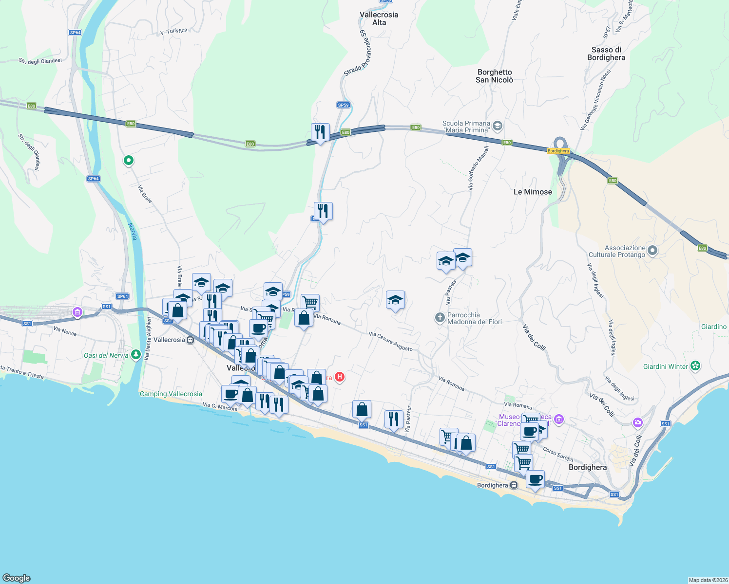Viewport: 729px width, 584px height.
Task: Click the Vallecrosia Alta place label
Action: point(379,18)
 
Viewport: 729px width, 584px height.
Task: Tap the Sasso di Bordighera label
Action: point(606,54)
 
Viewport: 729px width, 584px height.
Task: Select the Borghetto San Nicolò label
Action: point(495,76)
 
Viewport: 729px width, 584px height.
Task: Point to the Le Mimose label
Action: point(533,192)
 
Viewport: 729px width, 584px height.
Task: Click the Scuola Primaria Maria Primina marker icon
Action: point(497,127)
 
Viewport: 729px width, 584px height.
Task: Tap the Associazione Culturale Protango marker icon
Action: point(652,251)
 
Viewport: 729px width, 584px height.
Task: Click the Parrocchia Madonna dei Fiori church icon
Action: point(440,318)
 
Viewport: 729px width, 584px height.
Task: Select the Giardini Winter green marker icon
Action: point(695,366)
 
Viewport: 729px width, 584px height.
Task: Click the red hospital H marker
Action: point(340,377)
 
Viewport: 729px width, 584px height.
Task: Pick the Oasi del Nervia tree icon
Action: point(136,355)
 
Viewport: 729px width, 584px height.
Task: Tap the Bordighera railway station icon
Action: point(514,485)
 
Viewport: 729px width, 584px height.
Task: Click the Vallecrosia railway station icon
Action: point(191,340)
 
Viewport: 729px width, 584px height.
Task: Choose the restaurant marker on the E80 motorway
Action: point(320,132)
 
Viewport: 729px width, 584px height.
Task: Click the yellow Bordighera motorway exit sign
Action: point(558,151)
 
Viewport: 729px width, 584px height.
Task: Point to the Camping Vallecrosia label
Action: point(171,394)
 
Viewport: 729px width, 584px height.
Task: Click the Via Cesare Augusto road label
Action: point(391,341)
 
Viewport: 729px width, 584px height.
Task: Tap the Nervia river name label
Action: point(133,232)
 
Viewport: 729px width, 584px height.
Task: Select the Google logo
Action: point(17,578)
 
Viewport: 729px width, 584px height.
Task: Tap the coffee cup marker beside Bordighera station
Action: point(535,479)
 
